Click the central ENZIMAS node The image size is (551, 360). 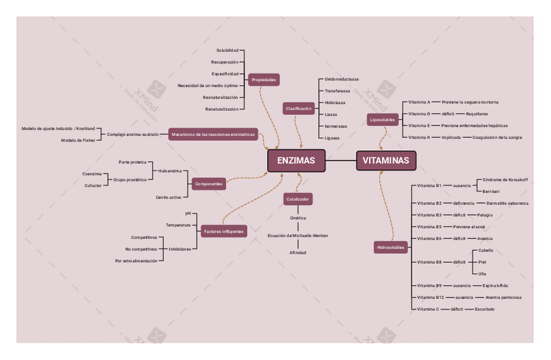click(x=296, y=161)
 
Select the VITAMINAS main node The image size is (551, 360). click(x=386, y=161)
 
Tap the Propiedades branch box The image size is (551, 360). click(x=264, y=80)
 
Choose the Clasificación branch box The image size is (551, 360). click(x=298, y=109)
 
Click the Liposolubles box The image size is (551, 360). click(x=382, y=120)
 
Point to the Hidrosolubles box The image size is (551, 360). click(x=391, y=247)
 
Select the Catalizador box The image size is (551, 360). click(x=298, y=199)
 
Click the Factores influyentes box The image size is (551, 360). click(x=224, y=231)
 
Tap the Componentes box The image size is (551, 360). click(x=209, y=184)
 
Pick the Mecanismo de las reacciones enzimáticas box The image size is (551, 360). click(x=213, y=135)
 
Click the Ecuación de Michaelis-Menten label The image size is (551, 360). click(x=298, y=235)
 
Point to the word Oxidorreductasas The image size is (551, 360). click(x=342, y=79)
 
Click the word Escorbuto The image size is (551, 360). click(x=485, y=309)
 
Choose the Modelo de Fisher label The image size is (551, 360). click(x=78, y=140)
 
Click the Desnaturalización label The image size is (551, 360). click(x=221, y=97)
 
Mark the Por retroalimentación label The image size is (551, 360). click(x=136, y=261)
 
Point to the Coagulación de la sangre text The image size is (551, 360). click(x=497, y=138)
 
